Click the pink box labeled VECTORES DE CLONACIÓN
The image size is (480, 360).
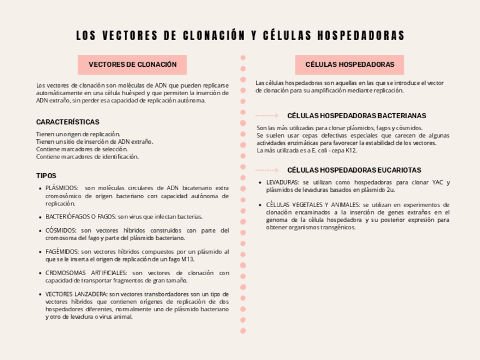tap(132, 65)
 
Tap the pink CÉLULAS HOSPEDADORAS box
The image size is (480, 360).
tap(350, 65)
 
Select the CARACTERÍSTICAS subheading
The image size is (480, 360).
tap(68, 122)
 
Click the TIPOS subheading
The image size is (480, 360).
tap(46, 175)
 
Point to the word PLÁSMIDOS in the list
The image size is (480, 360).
tap(61, 188)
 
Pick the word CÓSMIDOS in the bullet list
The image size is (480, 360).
tap(61, 230)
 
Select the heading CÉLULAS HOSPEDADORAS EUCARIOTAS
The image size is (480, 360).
tap(354, 170)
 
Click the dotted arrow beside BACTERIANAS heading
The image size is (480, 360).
tap(267, 115)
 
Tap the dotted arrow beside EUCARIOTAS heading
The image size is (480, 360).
tap(267, 170)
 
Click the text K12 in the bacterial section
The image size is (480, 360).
tap(351, 151)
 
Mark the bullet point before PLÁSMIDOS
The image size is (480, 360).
tap(40, 188)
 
